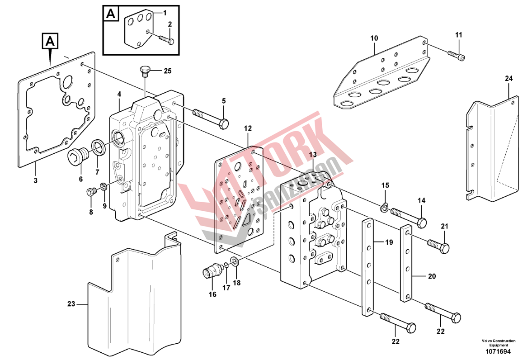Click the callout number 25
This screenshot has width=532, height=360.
[168, 71]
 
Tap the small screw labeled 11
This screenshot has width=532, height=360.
[457, 55]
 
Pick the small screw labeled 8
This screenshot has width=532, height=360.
[90, 193]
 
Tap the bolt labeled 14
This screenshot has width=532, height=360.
[408, 217]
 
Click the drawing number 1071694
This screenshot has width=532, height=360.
[498, 351]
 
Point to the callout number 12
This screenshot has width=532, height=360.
[248, 128]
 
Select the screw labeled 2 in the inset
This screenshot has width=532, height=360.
[166, 39]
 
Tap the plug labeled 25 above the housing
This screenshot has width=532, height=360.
[144, 70]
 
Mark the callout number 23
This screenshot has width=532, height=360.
[71, 304]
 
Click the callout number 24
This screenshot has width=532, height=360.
[509, 79]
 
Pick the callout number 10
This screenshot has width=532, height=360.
[374, 38]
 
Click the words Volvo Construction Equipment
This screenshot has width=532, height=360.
[498, 343]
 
